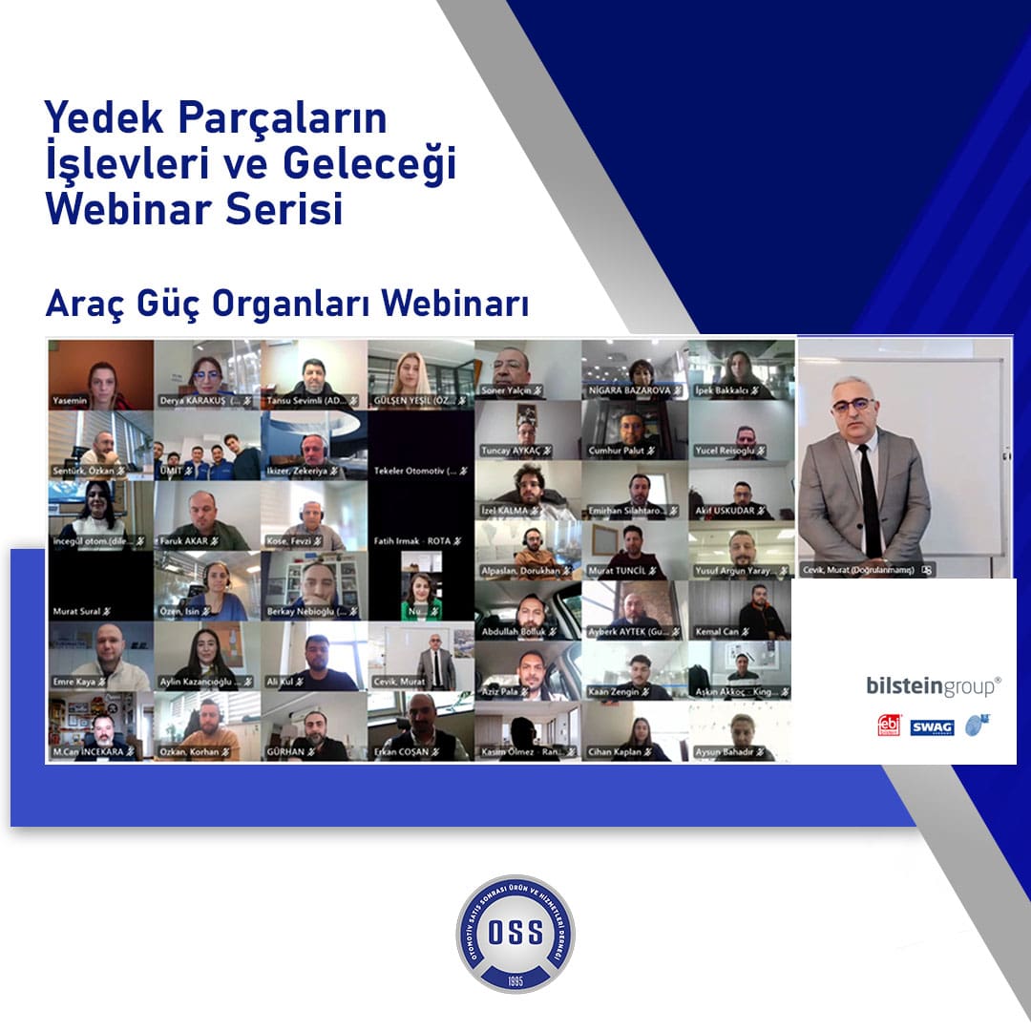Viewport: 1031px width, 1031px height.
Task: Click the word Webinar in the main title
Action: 127,209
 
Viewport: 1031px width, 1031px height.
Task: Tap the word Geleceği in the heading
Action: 369,163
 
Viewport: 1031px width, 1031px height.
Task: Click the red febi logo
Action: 889,726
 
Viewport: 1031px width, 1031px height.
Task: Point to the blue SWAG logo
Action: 932,727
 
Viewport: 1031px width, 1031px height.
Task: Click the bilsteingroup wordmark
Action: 934,685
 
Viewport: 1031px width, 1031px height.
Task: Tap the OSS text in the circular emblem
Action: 515,933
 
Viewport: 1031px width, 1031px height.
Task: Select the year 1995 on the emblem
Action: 515,979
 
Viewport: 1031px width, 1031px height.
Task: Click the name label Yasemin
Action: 71,401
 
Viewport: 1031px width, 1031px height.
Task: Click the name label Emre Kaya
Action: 75,682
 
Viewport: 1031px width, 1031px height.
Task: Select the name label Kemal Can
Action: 717,632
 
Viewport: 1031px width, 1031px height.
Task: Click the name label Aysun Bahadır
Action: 727,753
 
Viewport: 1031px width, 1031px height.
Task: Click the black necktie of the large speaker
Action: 869,501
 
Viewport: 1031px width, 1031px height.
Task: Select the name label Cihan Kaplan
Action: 617,753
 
